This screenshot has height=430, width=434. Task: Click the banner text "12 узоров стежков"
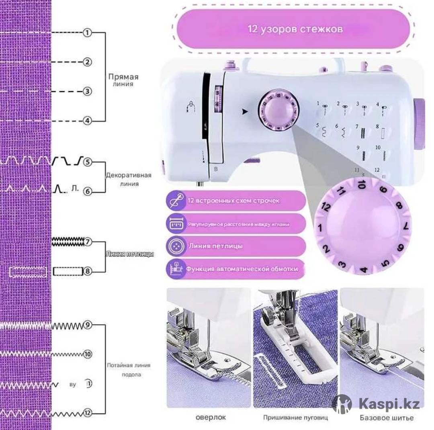click(295, 29)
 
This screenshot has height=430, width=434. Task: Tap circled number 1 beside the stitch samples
click(87, 33)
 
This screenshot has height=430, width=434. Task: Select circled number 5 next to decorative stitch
click(88, 162)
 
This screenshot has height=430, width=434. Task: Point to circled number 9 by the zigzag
click(88, 325)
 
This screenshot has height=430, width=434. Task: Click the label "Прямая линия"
click(123, 80)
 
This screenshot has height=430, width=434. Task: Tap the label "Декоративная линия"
click(129, 179)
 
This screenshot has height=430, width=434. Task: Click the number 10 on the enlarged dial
click(361, 185)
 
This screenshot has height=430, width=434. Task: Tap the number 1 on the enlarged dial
click(320, 228)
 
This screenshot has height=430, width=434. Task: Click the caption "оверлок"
click(208, 417)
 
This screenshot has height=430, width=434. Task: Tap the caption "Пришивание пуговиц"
click(295, 418)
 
